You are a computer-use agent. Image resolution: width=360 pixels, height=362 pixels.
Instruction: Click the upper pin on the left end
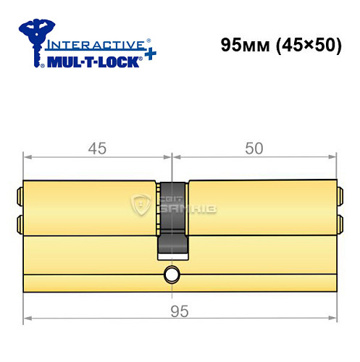pyautogui.click(x=20, y=195)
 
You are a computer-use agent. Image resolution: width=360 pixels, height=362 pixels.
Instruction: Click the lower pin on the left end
pyautogui.click(x=20, y=222)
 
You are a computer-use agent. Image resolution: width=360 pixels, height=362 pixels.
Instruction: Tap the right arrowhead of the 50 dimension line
pyautogui.click(x=335, y=155)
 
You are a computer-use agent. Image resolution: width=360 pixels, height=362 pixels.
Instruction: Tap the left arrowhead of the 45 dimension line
pyautogui.click(x=26, y=155)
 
